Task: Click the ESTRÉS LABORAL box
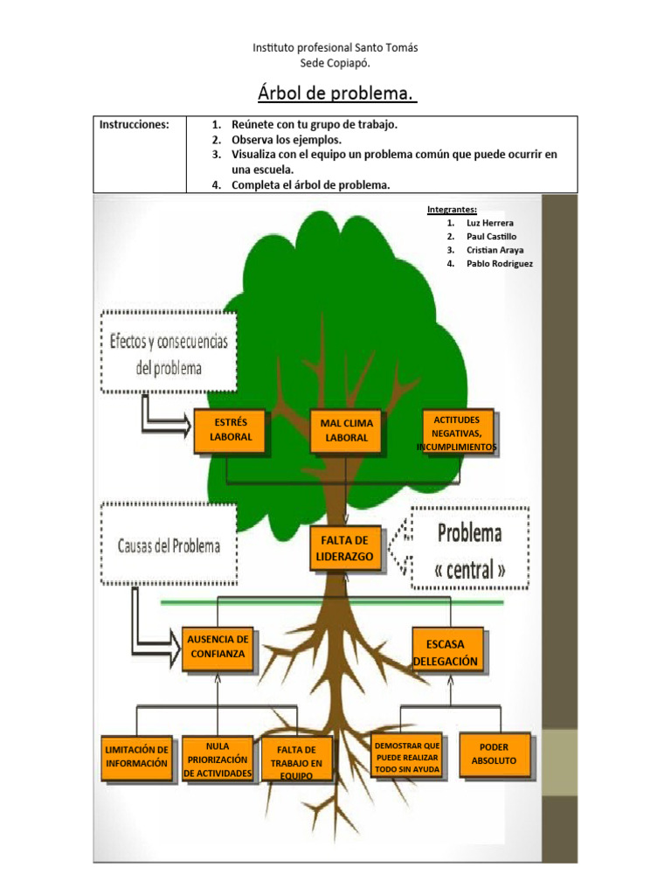pos(230,430)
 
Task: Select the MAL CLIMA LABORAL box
pos(347,430)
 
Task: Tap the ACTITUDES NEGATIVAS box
pos(457,433)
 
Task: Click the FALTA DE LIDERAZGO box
pos(346,548)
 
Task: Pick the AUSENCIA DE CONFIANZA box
pos(218,647)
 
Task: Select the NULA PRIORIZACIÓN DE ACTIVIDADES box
pos(218,760)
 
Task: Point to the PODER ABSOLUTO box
pos(494,754)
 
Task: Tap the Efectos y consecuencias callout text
pos(169,353)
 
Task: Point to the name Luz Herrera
pos(490,223)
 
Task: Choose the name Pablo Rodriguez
pos(500,263)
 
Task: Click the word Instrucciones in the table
pos(135,125)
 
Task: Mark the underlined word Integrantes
pos(452,210)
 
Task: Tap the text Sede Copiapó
pos(335,62)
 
